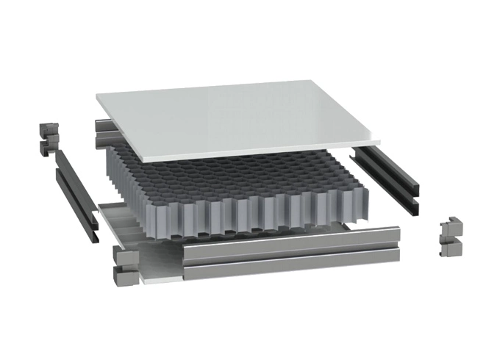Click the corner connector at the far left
click(x=47, y=140)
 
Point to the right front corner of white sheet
click(x=377, y=143)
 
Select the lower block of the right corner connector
click(x=449, y=248)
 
